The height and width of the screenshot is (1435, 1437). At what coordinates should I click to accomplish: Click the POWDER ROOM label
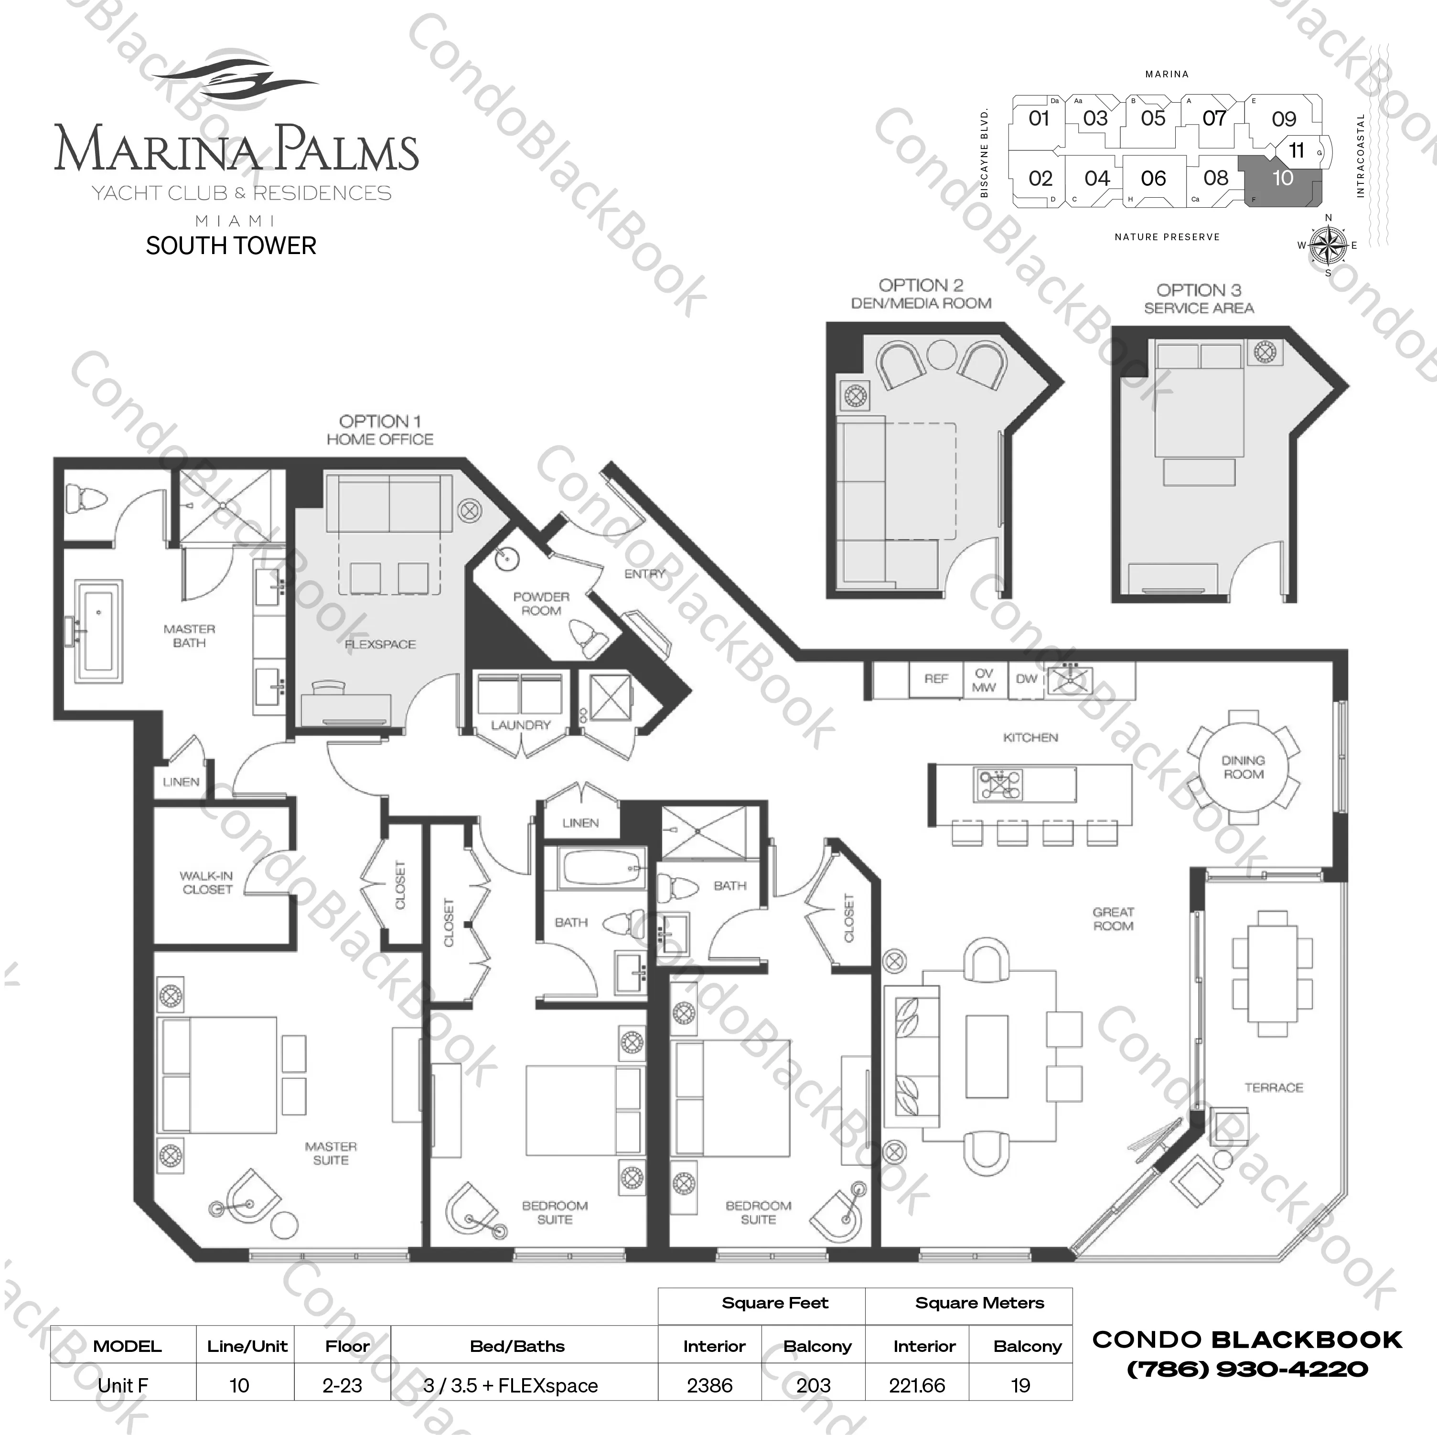click(541, 604)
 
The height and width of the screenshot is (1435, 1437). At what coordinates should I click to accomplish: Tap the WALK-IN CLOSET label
click(207, 882)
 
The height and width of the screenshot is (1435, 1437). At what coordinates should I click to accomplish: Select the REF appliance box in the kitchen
click(936, 679)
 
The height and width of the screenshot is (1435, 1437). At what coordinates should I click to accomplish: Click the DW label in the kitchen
click(1027, 679)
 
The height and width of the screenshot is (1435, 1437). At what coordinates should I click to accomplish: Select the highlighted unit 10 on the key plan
click(1282, 179)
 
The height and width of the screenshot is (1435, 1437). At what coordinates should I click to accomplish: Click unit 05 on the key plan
click(1153, 118)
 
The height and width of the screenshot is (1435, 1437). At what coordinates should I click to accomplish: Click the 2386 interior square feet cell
click(709, 1385)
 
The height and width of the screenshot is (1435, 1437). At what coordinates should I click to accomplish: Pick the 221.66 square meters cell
click(917, 1385)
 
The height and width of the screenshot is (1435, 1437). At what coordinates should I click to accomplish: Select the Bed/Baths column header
click(518, 1346)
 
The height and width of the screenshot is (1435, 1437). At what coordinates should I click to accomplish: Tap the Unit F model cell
click(123, 1385)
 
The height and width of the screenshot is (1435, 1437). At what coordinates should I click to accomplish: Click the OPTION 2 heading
click(921, 286)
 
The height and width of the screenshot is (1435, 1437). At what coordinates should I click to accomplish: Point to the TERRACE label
click(1273, 1088)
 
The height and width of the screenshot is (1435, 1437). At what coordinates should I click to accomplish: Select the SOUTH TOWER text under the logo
click(231, 245)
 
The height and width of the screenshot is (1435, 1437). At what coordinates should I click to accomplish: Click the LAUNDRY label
click(521, 725)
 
